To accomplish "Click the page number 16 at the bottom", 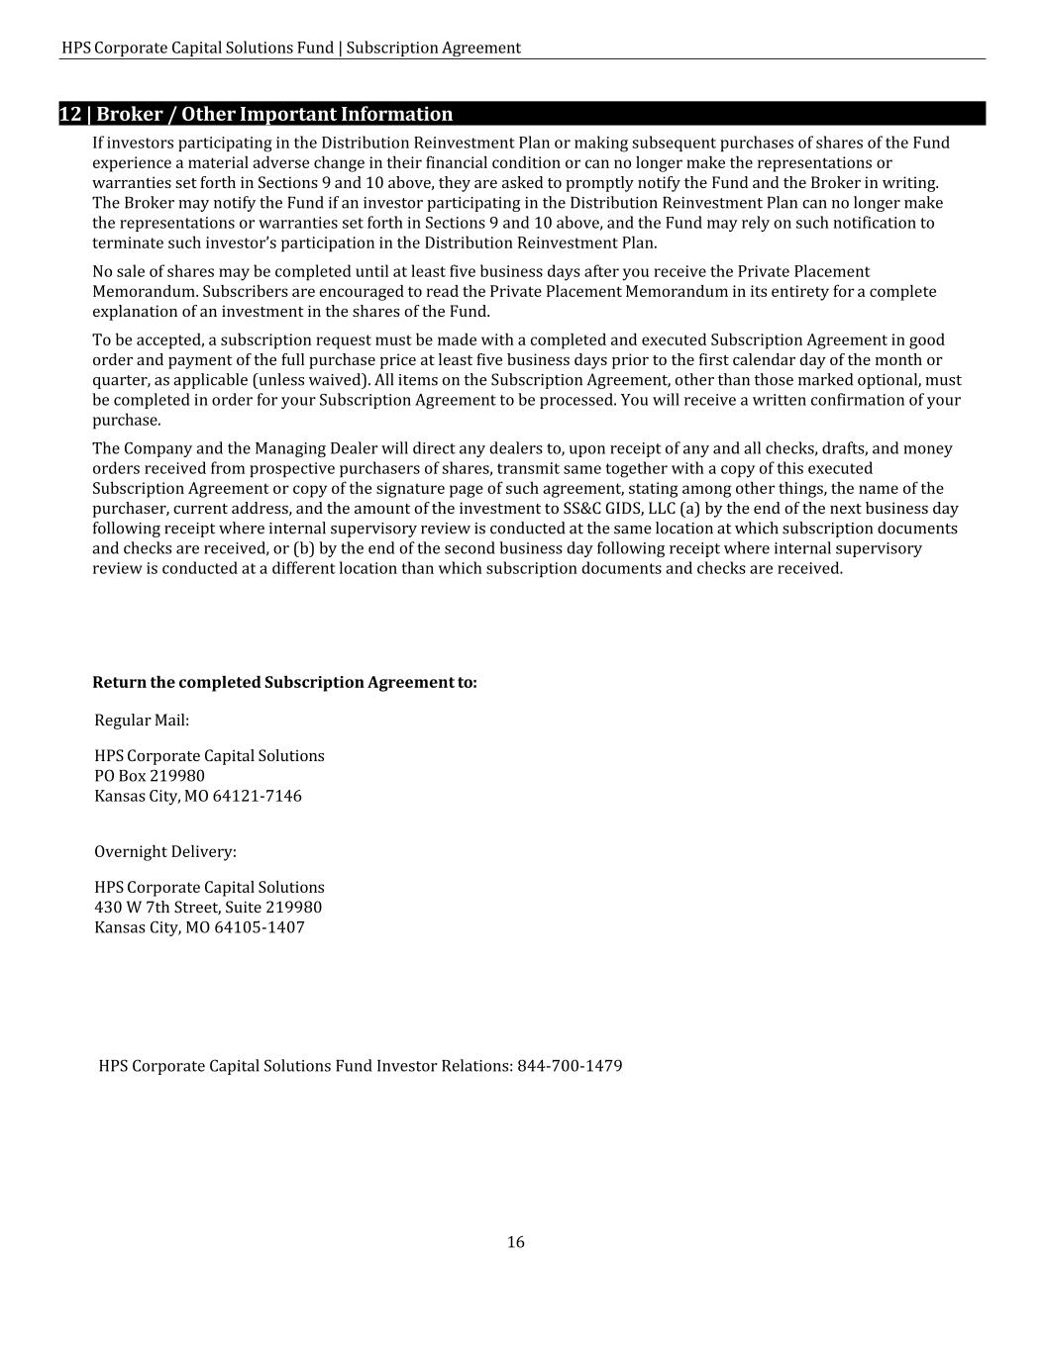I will coord(516,1242).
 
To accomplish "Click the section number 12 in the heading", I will coord(70,114).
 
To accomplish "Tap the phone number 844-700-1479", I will coord(570,1066).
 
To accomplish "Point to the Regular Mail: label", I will coord(142,720).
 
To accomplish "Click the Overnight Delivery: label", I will coord(165,851).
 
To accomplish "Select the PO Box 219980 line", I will coord(150,776).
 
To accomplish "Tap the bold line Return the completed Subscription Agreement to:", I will coord(284,683).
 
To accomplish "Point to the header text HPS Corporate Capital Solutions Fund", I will coord(197,48).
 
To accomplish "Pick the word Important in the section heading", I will coord(287,114).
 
